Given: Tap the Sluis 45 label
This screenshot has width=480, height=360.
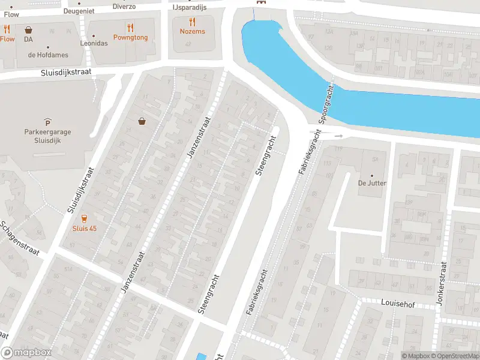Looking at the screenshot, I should click(84, 229).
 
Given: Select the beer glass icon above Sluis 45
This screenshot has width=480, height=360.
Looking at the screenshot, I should click(84, 219).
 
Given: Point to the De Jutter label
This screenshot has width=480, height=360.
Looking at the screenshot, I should click(372, 183).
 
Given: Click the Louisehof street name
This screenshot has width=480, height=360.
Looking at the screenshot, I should click(398, 304).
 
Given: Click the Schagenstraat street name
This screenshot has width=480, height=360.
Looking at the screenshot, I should click(19, 238).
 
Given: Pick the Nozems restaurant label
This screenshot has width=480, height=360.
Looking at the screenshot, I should click(192, 31).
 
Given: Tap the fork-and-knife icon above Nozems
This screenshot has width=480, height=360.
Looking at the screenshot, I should click(192, 22).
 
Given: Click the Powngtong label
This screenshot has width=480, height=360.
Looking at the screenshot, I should click(130, 37).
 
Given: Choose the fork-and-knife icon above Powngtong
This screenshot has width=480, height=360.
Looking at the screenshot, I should click(130, 27).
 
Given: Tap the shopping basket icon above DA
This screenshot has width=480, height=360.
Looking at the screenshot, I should click(28, 29).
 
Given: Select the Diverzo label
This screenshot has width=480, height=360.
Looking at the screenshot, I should click(124, 7).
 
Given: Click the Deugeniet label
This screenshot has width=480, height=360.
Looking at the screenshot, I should click(79, 10).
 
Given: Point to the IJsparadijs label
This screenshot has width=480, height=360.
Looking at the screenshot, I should click(190, 7).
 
